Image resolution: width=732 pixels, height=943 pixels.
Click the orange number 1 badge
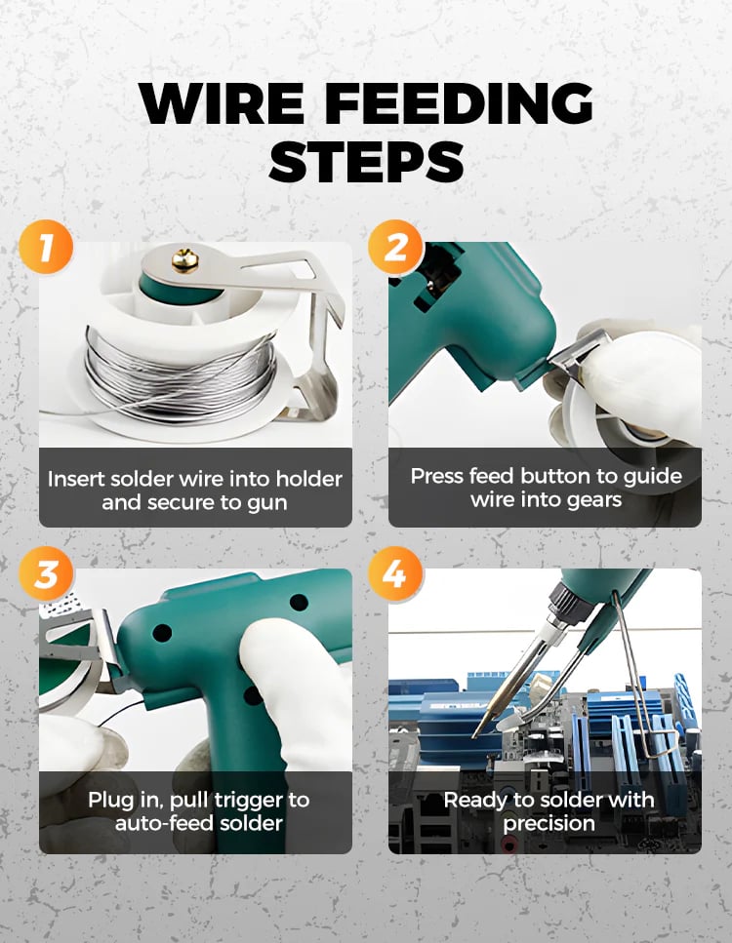pos(46,247)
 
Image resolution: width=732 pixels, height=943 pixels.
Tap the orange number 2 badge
pos(395,247)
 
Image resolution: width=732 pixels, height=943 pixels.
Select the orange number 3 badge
pos(46,573)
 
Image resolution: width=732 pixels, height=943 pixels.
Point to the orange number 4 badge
pos(395,573)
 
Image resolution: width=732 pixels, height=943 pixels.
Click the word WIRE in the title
pos(222,103)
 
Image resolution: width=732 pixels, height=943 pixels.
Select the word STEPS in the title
pos(366,161)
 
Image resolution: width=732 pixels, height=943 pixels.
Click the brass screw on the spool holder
pos(185,259)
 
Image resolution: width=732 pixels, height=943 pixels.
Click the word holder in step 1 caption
pos(308,479)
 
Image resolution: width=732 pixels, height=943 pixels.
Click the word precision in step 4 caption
pos(549,823)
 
